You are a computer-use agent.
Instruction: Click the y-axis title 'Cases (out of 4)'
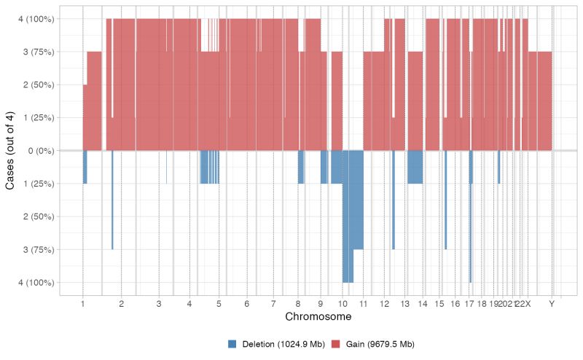[10, 150]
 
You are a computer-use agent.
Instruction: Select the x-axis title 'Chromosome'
[318, 318]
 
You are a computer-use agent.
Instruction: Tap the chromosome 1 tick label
[83, 303]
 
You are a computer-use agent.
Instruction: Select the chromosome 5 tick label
[219, 303]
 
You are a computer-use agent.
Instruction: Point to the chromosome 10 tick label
[343, 303]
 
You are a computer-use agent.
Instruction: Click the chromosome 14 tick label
[423, 303]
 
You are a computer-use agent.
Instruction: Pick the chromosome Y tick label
[552, 303]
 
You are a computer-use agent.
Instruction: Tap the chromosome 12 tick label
[385, 303]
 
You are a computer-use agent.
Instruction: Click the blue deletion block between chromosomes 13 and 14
[415, 167]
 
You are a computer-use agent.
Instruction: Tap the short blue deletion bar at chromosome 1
[85, 167]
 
